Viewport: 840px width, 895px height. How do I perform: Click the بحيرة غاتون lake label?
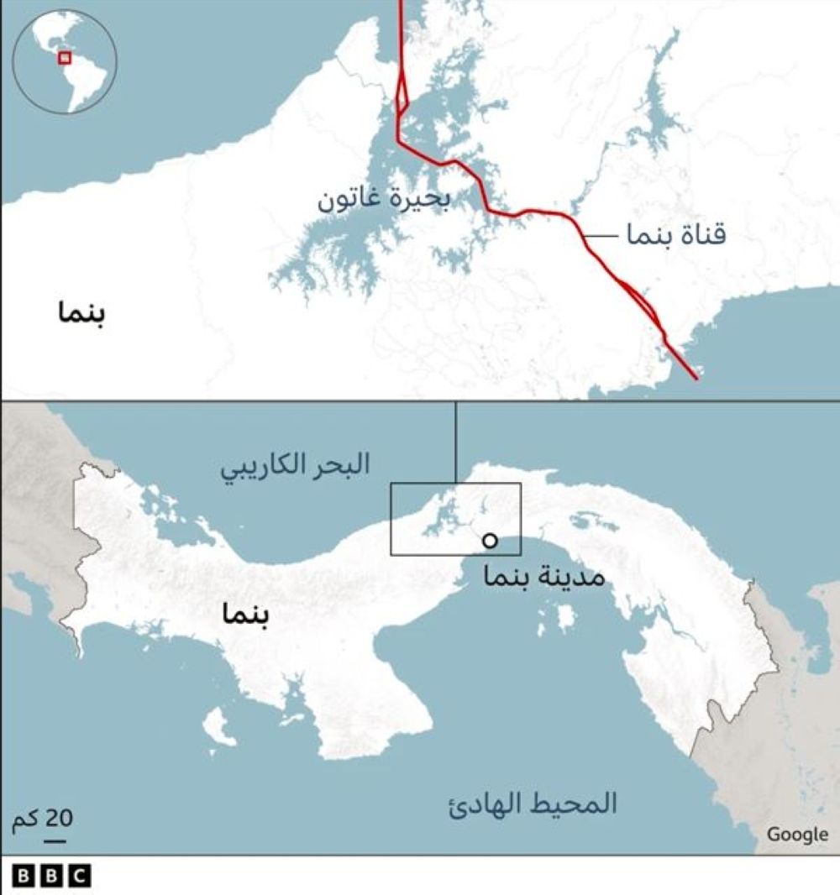click(383, 200)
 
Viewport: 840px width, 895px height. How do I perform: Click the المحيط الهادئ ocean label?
click(532, 804)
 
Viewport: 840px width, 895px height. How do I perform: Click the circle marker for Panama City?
click(490, 542)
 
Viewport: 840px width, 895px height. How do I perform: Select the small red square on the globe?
click(65, 57)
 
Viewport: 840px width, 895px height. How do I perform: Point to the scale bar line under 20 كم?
click(56, 837)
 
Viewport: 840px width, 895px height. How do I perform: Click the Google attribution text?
click(796, 834)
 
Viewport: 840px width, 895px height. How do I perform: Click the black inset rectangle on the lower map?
click(455, 519)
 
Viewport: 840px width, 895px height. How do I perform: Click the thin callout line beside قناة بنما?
click(600, 236)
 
